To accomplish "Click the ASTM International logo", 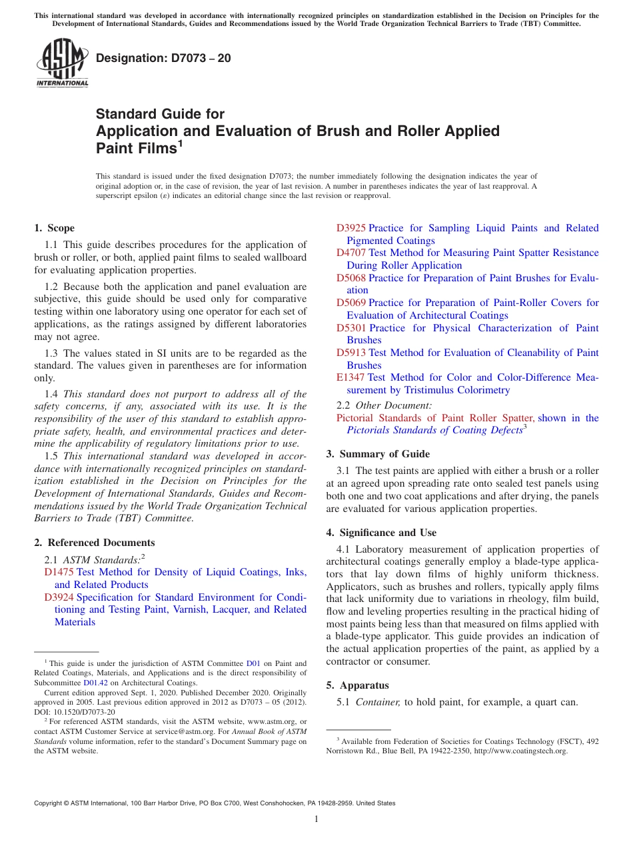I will (x=62, y=63).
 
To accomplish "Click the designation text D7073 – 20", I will (x=163, y=58).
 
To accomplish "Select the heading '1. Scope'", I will (x=55, y=228).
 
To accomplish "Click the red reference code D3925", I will (x=350, y=228).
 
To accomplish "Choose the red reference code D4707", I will (x=350, y=253).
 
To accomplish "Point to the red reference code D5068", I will (x=350, y=278).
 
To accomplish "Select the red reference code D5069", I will (x=350, y=303).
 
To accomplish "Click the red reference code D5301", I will (x=350, y=328).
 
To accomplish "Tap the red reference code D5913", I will (x=350, y=353).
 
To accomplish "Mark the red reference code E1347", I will (x=350, y=377).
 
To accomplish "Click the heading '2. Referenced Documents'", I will (x=95, y=543).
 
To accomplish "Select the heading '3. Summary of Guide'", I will (x=378, y=454).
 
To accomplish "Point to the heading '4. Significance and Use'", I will (x=381, y=533).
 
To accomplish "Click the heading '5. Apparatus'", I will (x=357, y=685).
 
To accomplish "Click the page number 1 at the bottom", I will (x=316, y=819).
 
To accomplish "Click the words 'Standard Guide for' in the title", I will (x=161, y=114).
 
